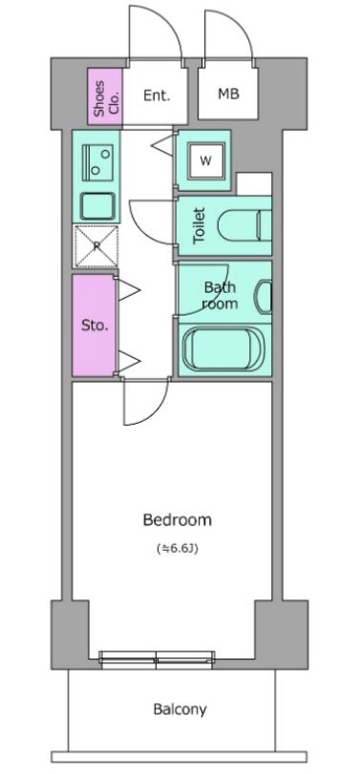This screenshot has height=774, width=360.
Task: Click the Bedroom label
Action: click(177, 520)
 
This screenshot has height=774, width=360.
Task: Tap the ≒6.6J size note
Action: click(178, 549)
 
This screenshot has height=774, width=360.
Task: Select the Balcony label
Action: click(180, 710)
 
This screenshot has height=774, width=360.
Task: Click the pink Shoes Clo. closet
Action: click(105, 96)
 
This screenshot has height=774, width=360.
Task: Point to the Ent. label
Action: click(157, 95)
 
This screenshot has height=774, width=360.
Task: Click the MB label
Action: click(228, 94)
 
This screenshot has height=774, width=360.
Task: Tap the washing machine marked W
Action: click(206, 160)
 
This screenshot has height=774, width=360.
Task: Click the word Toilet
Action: click(199, 225)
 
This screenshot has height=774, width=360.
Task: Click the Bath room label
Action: click(220, 295)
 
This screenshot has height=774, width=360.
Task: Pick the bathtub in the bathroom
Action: click(223, 349)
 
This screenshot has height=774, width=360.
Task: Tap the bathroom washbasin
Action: click(264, 297)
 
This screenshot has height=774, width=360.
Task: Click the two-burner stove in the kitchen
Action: click(97, 162)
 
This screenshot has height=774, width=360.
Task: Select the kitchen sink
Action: click(97, 206)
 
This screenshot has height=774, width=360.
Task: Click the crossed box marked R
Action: click(96, 246)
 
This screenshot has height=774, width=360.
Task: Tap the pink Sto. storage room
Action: click(94, 325)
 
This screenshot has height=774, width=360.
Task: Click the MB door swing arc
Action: click(242, 25)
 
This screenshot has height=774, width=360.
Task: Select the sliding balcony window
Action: click(157, 660)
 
